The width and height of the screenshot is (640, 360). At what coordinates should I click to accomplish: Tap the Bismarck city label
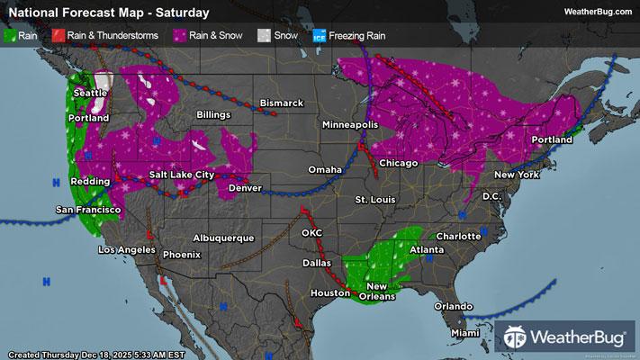[281, 103]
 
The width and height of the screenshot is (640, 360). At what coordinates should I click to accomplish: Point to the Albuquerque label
[223, 238]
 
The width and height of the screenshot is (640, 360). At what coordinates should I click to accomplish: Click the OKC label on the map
[311, 232]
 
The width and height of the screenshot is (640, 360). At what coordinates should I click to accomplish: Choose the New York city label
[517, 174]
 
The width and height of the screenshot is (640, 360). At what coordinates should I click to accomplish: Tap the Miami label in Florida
[465, 333]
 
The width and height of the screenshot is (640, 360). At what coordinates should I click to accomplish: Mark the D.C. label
[491, 195]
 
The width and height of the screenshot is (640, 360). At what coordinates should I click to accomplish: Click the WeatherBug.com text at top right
[596, 12]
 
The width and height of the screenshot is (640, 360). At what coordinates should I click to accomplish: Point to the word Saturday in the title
[184, 13]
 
